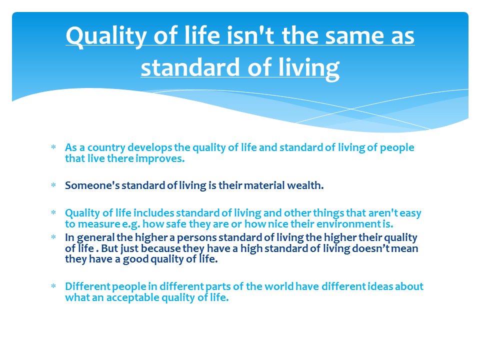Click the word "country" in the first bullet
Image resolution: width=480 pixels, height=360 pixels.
(106, 148)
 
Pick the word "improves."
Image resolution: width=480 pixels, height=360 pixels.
(160, 158)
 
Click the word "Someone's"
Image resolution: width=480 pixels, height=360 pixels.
(92, 185)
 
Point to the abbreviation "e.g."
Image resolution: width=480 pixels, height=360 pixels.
(131, 224)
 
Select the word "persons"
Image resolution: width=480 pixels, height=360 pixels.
(196, 238)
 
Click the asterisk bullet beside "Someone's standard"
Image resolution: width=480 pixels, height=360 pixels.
(53, 185)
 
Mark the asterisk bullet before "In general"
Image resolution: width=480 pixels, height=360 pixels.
(53, 237)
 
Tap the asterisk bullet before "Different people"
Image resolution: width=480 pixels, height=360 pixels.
(53, 286)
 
